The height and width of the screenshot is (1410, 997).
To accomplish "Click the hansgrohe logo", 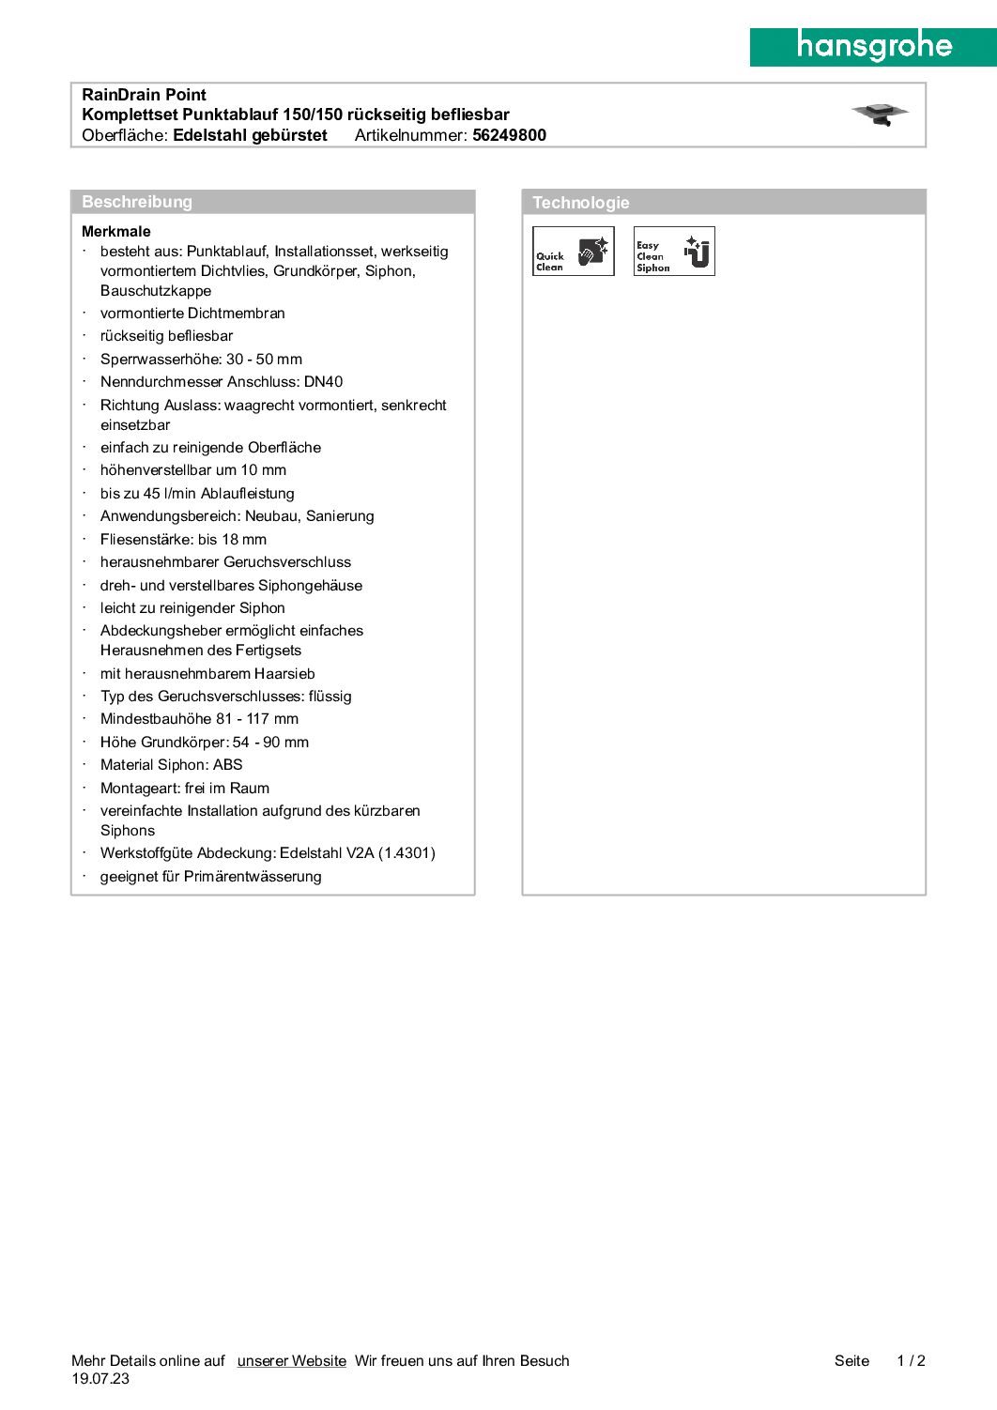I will pos(873,47).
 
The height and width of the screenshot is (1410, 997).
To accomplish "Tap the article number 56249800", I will pos(509,135).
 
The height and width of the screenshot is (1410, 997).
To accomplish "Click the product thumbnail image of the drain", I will pos(880,115).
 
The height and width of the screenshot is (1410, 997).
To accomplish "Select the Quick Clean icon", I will pos(573,252).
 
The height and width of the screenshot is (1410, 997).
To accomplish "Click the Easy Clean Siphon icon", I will pos(674,252).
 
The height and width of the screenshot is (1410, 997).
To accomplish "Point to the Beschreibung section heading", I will pos(137,202).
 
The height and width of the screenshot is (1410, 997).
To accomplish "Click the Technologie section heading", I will pos(581,203).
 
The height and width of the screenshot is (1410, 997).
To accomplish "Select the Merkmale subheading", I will pos(116,232).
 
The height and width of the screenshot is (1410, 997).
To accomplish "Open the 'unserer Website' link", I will pos(292,1361).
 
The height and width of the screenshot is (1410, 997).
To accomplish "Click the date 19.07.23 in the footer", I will pos(100,1379).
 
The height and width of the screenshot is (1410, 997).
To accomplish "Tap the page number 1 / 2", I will pos(911,1361).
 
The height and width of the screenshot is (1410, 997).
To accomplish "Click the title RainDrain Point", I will pos(145,95).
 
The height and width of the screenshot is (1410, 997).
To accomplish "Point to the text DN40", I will pos(324,382).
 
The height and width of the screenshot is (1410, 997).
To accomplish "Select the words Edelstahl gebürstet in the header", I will pos(251,135).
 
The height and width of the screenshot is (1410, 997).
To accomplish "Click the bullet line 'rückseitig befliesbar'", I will pos(167,336).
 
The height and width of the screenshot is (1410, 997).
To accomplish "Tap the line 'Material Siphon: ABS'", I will pos(172,765).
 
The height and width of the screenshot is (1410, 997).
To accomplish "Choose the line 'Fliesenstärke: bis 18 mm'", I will pos(184,540).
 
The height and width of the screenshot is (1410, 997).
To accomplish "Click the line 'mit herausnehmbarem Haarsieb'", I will pos(207,674).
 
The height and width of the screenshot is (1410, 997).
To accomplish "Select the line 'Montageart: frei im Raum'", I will pos(185,789).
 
